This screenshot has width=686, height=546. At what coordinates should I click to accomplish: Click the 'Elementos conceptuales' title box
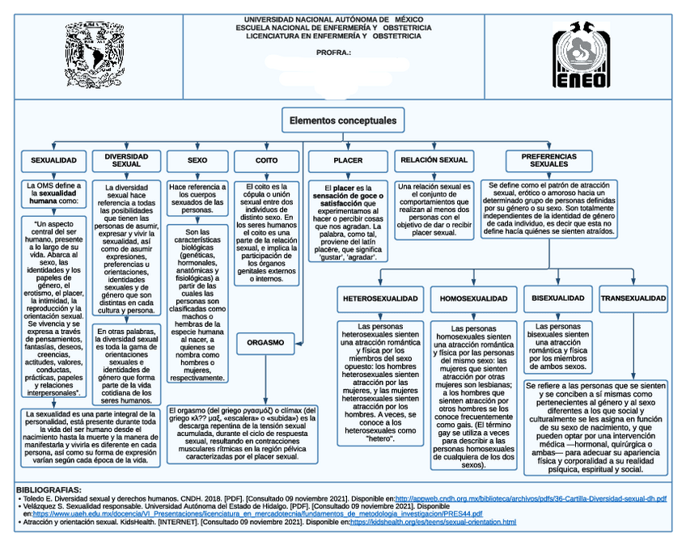pyautogui.click(x=343, y=121)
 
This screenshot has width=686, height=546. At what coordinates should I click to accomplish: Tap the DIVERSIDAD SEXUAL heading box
pyautogui.click(x=126, y=159)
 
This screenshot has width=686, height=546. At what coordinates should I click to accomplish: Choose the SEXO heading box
pyautogui.click(x=197, y=161)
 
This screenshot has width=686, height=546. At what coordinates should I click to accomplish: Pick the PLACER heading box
pyautogui.click(x=348, y=161)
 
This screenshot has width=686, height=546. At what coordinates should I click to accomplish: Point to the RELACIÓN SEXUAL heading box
pyautogui.click(x=434, y=160)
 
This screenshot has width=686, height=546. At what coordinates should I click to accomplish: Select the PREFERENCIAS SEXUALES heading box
pyautogui.click(x=548, y=159)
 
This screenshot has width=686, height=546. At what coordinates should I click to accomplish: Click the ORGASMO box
pyautogui.click(x=266, y=343)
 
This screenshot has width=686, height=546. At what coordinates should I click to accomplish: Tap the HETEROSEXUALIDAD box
pyautogui.click(x=380, y=298)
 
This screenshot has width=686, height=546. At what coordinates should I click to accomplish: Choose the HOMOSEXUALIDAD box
pyautogui.click(x=473, y=298)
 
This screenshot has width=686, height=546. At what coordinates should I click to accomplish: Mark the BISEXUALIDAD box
pyautogui.click(x=557, y=298)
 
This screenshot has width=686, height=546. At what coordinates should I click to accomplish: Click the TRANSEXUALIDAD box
pyautogui.click(x=633, y=298)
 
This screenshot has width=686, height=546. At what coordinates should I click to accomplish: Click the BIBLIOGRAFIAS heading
pyautogui.click(x=49, y=490)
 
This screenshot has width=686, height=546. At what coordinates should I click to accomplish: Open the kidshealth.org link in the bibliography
pyautogui.click(x=432, y=523)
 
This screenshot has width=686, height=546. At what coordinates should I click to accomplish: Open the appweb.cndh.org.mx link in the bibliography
pyautogui.click(x=530, y=498)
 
